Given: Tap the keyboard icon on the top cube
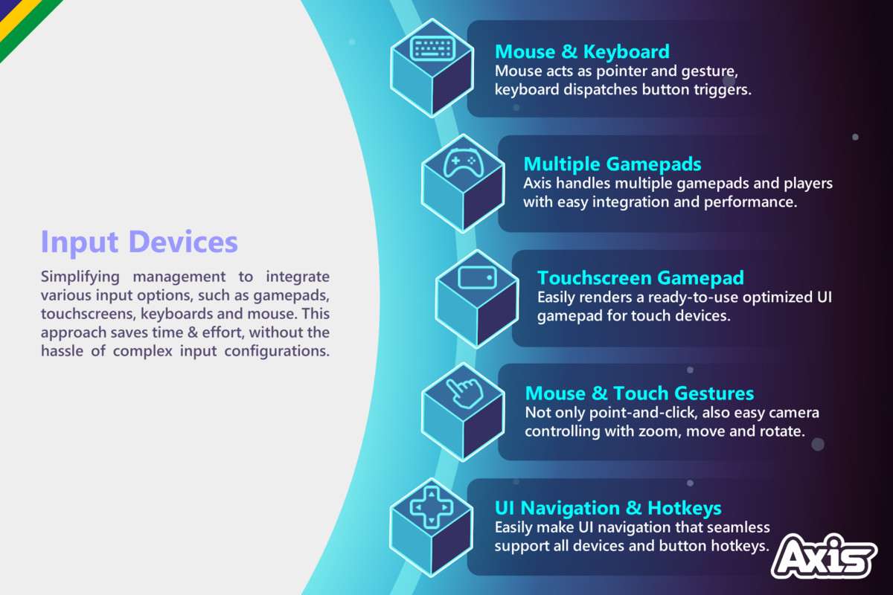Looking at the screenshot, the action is pos(432,48).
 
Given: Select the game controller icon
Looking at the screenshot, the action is pos(464,162).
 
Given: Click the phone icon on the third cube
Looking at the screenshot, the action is pos(477,277).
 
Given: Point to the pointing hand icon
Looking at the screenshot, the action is pos(464,393).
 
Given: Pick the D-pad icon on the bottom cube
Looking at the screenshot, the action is pos(432,507).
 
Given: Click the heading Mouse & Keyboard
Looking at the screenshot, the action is pos(582,52).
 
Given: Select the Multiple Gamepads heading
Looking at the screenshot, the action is pos(612,164).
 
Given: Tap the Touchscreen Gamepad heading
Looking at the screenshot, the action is pos(641,277).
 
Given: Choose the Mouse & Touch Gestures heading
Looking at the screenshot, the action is pos(639,393).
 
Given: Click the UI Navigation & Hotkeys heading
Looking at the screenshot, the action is pos(608,509).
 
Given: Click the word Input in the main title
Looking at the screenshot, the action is pos(80,242).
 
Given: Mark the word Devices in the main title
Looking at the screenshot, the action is pos(184,242).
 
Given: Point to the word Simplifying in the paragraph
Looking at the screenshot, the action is pos(80,277).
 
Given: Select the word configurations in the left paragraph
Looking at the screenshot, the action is pos(277,352).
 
